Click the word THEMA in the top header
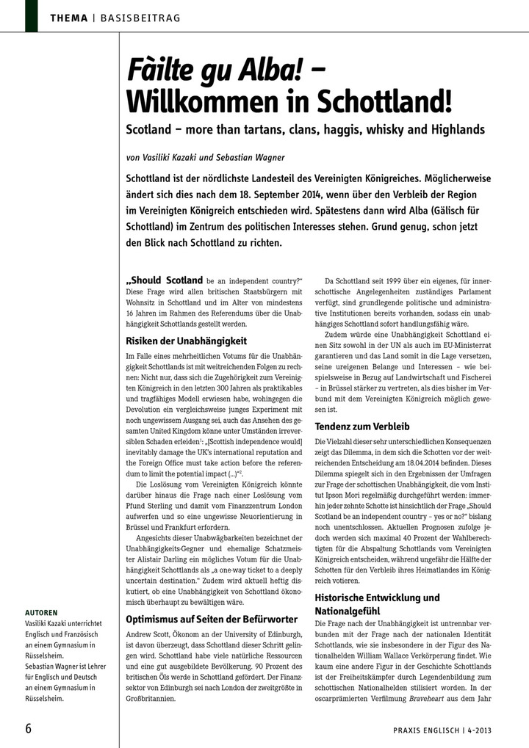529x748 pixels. pos(69,17)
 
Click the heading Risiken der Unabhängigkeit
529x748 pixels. pos(187,341)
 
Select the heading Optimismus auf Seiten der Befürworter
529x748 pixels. pos(212,619)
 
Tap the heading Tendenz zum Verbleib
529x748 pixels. pos(362,426)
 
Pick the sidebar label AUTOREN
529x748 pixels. pos(42,611)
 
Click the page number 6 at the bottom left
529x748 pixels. pos(29,728)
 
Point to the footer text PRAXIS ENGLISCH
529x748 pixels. pos(419,730)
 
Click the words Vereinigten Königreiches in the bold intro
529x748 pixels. pos(402,178)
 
